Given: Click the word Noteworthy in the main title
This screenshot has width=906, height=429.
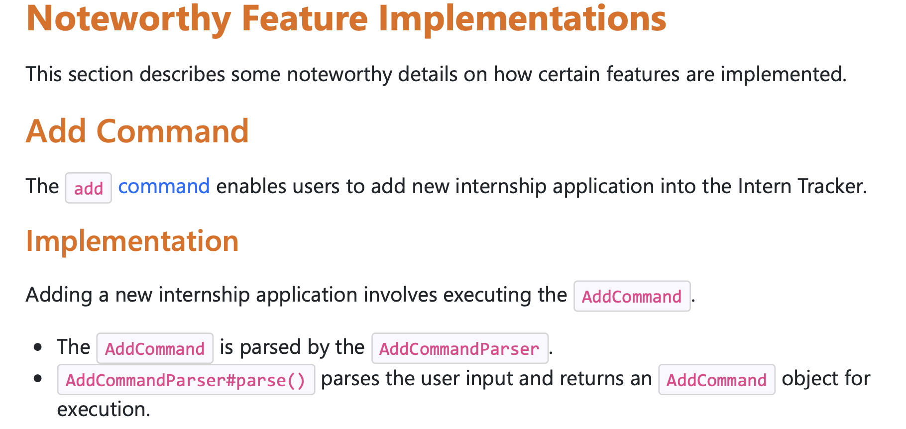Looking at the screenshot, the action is pos(128,19).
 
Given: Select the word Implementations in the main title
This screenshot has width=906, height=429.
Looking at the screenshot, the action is pos(522,19).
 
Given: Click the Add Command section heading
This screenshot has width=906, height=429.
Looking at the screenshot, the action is pos(137,131).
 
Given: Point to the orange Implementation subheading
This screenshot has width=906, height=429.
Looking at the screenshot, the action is pos(132,241).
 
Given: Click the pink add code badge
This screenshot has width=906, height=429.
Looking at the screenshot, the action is pos(89,188).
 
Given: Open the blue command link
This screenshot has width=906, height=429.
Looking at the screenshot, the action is pos(164,186).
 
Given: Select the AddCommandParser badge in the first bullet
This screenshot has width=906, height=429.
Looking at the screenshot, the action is pos(460,348).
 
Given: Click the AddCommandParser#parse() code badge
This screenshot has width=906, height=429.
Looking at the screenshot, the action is pos(186,380).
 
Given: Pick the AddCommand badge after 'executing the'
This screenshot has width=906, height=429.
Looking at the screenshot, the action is pos(632,296).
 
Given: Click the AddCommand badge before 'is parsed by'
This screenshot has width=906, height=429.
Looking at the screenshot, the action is pos(155,348).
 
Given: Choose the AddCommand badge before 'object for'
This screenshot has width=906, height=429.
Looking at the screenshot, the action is pos(717,380).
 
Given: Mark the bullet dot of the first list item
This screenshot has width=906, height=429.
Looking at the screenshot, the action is pos(38,347).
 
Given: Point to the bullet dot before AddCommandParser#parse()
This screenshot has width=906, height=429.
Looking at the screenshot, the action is pos(38,379).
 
